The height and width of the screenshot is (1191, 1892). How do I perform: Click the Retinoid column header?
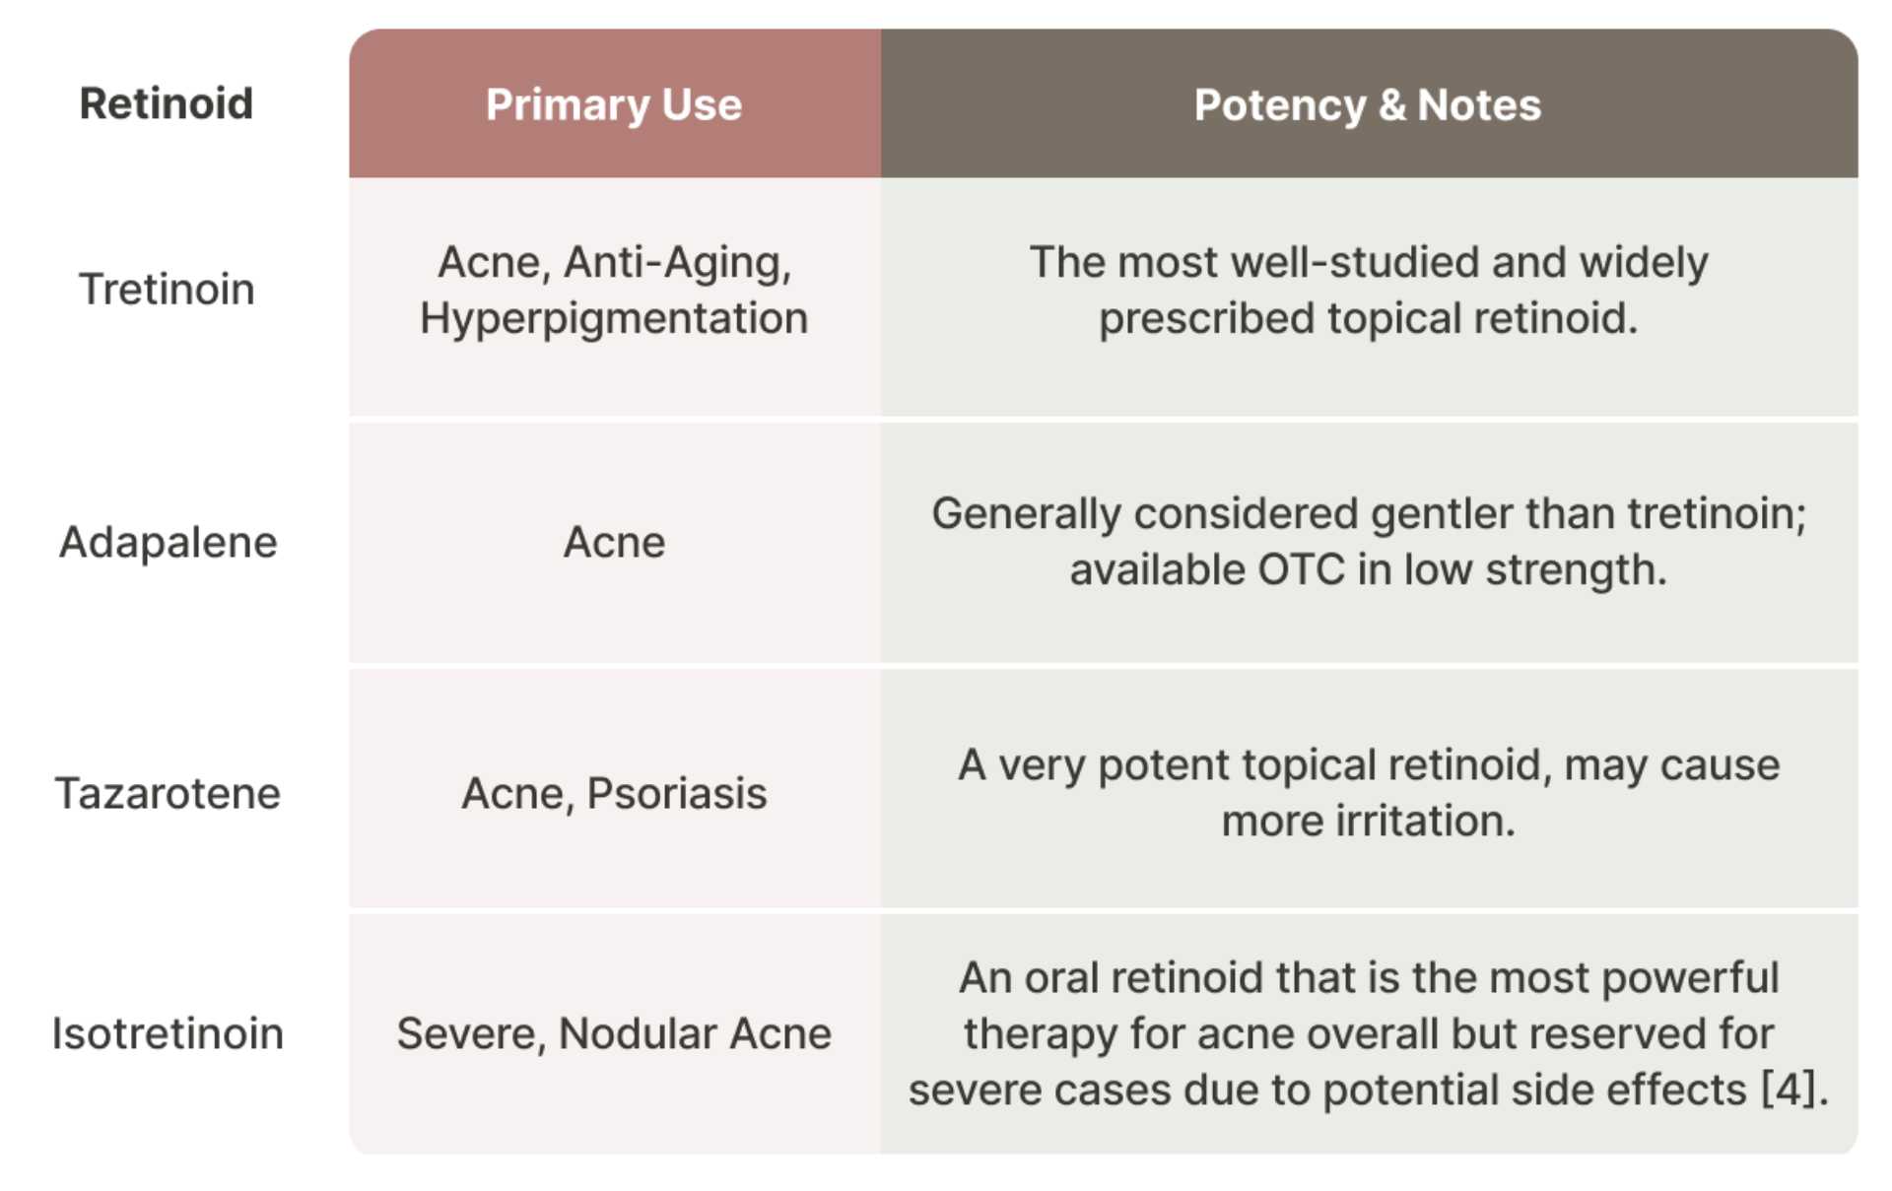click(x=166, y=103)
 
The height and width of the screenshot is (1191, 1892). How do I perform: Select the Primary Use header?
click(x=613, y=104)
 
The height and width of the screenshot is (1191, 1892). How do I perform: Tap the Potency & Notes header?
click(x=1367, y=104)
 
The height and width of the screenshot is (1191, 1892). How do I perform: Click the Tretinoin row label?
click(x=167, y=290)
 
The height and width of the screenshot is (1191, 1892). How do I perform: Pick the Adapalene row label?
click(x=168, y=542)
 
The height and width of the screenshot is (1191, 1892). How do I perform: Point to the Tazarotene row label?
click(x=168, y=793)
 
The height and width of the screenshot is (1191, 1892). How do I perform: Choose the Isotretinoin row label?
click(x=168, y=1033)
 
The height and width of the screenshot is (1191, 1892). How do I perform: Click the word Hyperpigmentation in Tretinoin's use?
click(x=613, y=318)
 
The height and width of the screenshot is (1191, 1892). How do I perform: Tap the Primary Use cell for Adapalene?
click(x=613, y=542)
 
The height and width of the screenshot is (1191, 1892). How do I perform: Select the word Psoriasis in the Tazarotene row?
click(x=676, y=793)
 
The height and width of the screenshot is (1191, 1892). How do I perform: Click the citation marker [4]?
click(x=1789, y=1090)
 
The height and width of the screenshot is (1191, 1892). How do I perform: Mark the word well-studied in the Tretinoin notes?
click(x=1355, y=262)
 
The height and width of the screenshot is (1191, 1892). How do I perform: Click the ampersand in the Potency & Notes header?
click(x=1391, y=104)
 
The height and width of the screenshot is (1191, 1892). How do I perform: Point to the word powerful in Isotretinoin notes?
click(x=1690, y=977)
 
